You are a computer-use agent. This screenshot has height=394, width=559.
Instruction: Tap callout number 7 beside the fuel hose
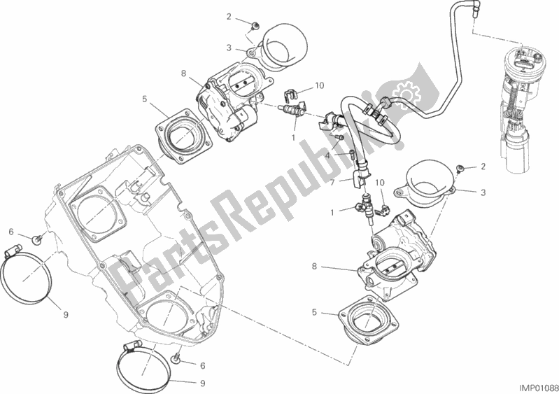(332, 183)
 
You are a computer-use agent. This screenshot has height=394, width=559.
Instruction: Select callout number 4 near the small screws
(327, 155)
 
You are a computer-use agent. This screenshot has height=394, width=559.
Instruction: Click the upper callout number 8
(183, 73)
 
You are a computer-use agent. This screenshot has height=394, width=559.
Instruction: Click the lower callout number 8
(314, 267)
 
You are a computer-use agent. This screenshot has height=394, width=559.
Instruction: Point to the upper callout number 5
(144, 99)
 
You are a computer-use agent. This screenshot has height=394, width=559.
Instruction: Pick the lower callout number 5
(314, 312)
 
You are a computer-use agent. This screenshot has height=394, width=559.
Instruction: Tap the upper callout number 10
(320, 85)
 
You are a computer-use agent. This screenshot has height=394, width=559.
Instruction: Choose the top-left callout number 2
(229, 16)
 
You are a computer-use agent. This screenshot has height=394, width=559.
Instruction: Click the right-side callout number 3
(483, 193)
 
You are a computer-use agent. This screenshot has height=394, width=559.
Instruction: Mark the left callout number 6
(11, 232)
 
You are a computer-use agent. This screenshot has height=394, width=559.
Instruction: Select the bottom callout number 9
(202, 384)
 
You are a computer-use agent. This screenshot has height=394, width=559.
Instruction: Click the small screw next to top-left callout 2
(255, 25)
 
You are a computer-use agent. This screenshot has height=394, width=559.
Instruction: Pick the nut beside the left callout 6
(36, 241)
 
